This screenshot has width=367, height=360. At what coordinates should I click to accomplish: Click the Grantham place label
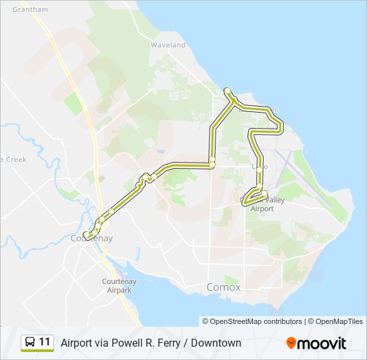coord(31,9)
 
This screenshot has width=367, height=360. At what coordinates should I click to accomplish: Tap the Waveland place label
coord(167,45)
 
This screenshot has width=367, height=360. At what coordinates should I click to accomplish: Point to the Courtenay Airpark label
coord(119,285)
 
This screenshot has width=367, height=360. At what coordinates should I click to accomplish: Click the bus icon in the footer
coord(30,343)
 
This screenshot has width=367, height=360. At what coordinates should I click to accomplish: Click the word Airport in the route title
coord(79,343)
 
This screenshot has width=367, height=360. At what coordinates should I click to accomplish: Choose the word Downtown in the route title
coord(216,343)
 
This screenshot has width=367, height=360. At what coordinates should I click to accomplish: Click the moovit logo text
coord(323,343)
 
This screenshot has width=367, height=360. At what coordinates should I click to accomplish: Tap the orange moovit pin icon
coord(292,343)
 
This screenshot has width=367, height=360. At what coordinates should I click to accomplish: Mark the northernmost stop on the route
coord(228,91)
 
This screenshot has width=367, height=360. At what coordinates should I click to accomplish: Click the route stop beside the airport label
coord(264,193)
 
